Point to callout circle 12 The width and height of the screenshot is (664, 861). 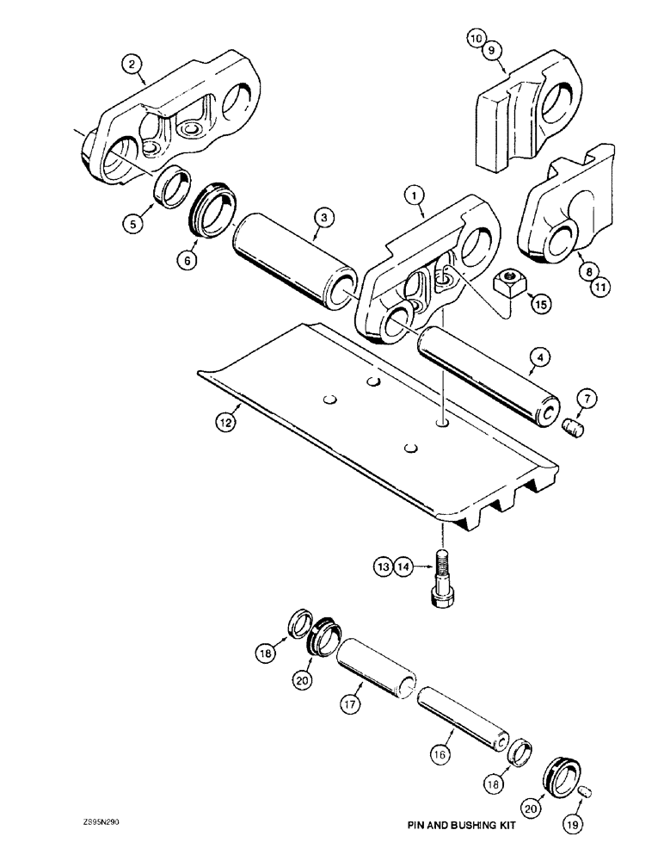click(224, 422)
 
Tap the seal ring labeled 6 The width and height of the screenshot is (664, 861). click(211, 210)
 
